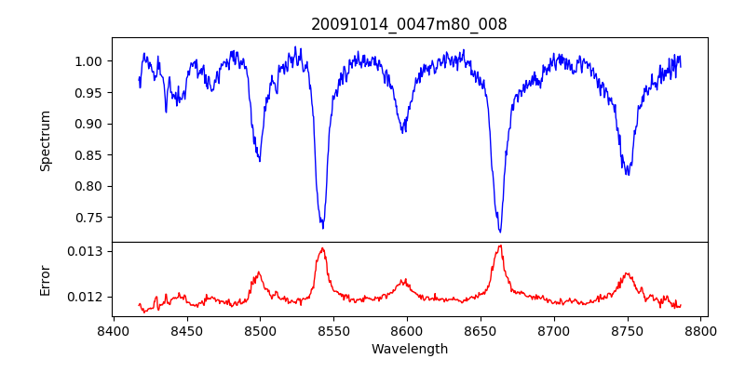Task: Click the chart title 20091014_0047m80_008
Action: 410,24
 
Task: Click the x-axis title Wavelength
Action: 410,350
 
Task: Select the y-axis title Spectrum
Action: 45,139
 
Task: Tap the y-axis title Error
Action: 45,279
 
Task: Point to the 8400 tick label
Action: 113,330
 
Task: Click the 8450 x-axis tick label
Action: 186,330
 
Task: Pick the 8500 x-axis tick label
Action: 260,330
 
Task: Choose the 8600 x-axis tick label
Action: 407,330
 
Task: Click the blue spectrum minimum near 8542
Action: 322,228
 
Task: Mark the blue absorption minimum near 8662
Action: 500,232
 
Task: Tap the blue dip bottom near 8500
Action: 260,161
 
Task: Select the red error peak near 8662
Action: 500,246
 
